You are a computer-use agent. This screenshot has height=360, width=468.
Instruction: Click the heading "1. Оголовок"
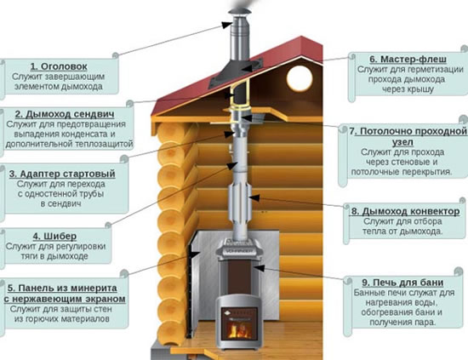(59, 66)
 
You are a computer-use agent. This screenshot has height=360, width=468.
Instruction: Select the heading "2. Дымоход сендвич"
(65, 114)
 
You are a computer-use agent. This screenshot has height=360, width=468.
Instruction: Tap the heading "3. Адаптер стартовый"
(62, 174)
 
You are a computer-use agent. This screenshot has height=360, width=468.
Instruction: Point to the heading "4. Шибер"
(54, 236)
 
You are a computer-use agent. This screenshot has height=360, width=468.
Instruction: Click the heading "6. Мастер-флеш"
(408, 59)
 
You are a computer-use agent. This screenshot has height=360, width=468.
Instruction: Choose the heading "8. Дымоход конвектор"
(405, 211)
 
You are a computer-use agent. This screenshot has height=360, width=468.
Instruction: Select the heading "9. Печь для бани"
(402, 283)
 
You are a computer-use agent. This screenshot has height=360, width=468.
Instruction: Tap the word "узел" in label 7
(402, 142)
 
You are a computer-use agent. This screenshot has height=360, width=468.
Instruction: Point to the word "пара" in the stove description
(425, 323)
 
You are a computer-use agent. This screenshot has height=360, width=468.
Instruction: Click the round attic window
(300, 78)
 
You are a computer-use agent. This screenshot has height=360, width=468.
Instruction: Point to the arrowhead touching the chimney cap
(227, 25)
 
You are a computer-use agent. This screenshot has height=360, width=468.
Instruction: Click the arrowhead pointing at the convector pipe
(254, 197)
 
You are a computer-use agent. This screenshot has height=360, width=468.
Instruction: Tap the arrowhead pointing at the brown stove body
(259, 268)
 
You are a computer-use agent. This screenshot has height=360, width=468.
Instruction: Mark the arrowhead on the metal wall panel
(196, 255)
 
